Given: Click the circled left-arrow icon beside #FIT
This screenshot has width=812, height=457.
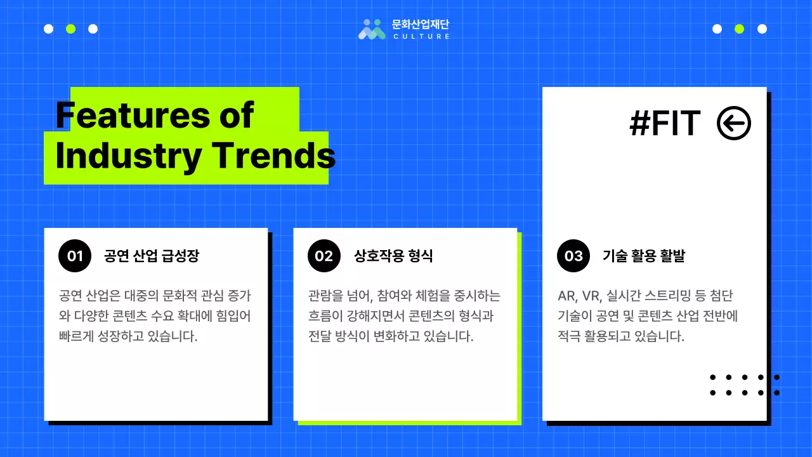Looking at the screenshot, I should tap(733, 124).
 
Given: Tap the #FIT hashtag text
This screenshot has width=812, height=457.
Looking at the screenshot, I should tap(665, 124).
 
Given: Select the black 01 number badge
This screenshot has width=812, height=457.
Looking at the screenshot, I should tap(75, 256).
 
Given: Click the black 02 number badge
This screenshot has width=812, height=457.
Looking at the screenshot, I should tap(324, 256).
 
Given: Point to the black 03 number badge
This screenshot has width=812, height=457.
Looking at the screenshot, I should tap(573, 256).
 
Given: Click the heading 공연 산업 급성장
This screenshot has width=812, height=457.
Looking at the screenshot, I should tap(152, 256).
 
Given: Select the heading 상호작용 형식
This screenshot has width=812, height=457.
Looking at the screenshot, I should tap(393, 256).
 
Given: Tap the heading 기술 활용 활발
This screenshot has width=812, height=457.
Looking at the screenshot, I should tap(643, 256).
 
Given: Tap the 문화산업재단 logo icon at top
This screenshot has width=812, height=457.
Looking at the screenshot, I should tap(372, 29).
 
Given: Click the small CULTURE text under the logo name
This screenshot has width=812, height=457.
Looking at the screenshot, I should tap(421, 37).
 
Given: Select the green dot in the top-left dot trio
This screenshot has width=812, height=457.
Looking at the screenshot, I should tap(70, 29).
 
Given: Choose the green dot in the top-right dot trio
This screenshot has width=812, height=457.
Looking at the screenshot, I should tap(739, 29).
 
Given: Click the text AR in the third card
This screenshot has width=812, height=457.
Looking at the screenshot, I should tap(565, 296).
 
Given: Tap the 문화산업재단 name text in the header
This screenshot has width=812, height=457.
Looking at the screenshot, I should tap(421, 25).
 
